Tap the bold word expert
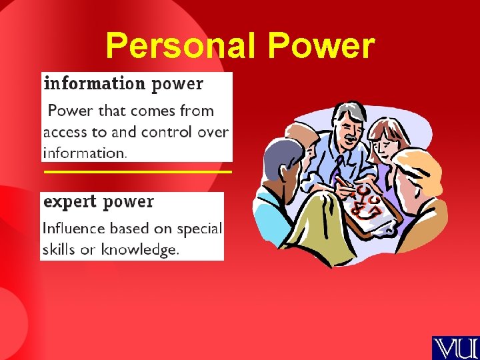pyautogui.click(x=70, y=201)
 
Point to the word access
pyautogui.click(x=65, y=132)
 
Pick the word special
pyautogui.click(x=199, y=229)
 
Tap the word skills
pyautogui.click(x=59, y=249)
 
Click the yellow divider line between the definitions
pyautogui.click(x=137, y=172)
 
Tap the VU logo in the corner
pyautogui.click(x=455, y=347)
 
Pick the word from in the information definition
pyautogui.click(x=197, y=111)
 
